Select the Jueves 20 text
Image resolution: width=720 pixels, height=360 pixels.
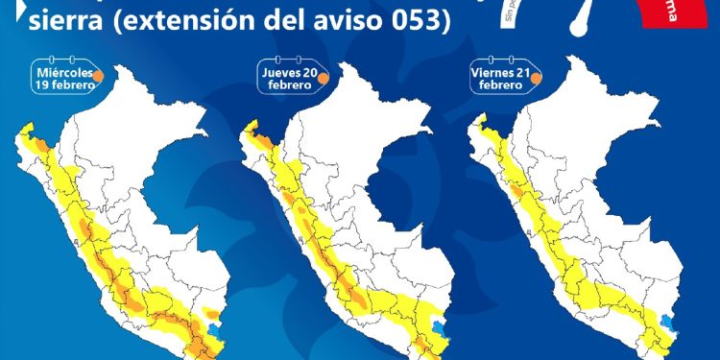pyautogui.click(x=288, y=73)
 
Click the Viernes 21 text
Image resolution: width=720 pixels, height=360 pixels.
pyautogui.click(x=502, y=73)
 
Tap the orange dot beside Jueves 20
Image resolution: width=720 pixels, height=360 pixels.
pyautogui.click(x=324, y=78)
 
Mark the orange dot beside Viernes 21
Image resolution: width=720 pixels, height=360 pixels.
pyautogui.click(x=539, y=78)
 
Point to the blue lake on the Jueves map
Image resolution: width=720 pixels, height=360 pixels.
pyautogui.click(x=440, y=326)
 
